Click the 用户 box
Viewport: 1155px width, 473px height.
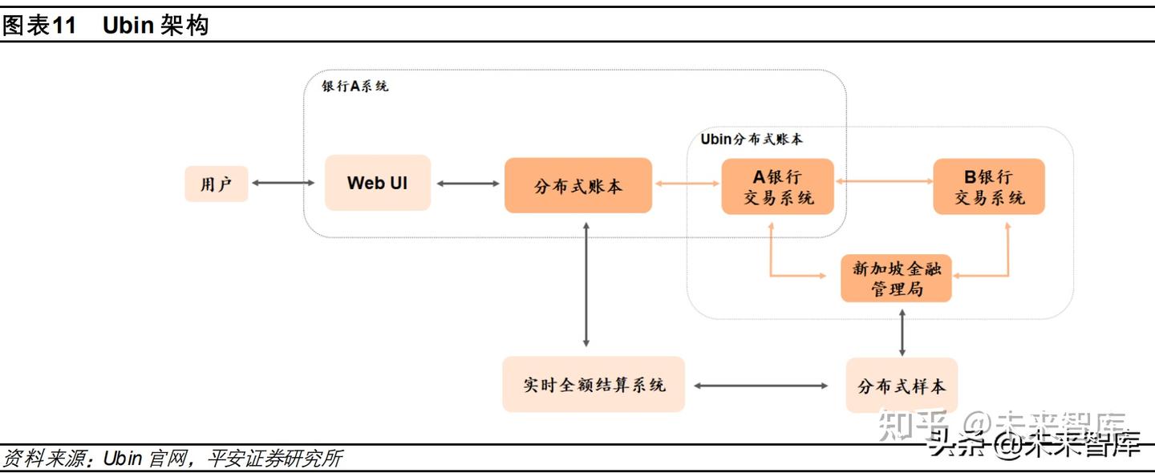(216, 184)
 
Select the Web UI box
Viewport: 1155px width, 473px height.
(378, 183)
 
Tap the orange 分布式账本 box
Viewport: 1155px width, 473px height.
(577, 185)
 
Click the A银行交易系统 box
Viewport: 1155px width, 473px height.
(777, 186)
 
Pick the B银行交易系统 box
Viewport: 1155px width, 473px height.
(988, 186)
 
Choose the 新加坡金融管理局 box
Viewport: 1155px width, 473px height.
(896, 278)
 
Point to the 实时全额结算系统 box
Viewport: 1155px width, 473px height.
(594, 385)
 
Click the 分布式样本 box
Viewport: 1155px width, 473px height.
(902, 386)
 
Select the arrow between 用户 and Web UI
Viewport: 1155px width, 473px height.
(283, 184)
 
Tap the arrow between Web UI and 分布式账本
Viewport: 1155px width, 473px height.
(468, 184)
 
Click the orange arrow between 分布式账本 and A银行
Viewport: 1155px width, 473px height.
(687, 184)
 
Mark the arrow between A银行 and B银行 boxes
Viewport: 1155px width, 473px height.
(883, 182)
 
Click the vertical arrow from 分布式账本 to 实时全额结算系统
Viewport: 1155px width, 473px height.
(586, 285)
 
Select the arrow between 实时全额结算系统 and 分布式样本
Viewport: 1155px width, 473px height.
(760, 386)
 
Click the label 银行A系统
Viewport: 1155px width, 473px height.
(355, 86)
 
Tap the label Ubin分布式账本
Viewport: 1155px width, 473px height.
(752, 139)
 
